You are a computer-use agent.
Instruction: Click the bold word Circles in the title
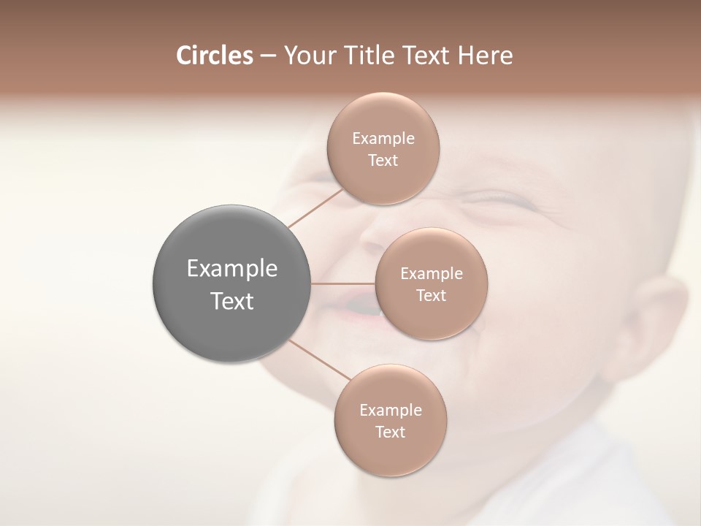[x=215, y=56]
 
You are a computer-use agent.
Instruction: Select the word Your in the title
[x=307, y=56]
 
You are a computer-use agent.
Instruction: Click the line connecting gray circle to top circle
[x=315, y=207]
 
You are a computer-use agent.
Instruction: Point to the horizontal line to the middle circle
[x=343, y=283]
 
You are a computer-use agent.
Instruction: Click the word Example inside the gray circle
[x=231, y=269]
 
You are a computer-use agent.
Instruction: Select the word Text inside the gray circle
[x=231, y=301]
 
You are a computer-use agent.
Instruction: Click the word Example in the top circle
[x=383, y=138]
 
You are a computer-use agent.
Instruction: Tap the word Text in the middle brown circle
[x=431, y=295]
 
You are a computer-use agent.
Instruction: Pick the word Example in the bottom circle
[x=390, y=410]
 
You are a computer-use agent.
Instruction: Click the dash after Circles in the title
[x=267, y=56]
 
